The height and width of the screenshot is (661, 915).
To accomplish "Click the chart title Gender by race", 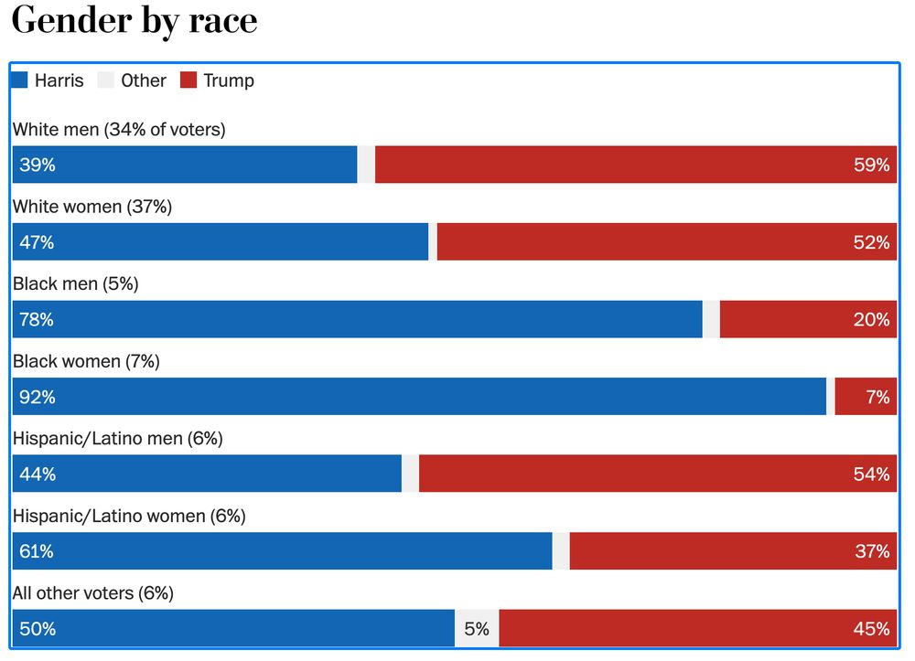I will [x=135, y=20].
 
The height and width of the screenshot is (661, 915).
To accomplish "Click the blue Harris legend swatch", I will [x=20, y=80].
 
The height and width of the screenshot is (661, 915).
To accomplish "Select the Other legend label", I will [x=144, y=80].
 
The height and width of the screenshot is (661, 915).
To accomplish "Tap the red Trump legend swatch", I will [x=188, y=80].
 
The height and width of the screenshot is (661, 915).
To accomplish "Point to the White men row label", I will [x=119, y=130].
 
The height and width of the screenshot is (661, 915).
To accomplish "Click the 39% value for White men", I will [x=38, y=165].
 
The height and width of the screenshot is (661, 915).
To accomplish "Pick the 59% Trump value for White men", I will [x=871, y=165].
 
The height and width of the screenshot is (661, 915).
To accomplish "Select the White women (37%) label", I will [x=92, y=207].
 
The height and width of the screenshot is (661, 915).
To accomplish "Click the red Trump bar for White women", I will [x=666, y=242].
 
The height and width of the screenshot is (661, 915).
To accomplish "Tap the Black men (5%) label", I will [x=76, y=284].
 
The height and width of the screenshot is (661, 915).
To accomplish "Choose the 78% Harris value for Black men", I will [x=38, y=320].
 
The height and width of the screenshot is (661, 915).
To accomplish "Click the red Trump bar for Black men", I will [x=808, y=320].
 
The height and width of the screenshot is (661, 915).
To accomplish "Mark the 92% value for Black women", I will [x=38, y=397].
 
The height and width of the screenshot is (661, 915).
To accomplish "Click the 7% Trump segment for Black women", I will [x=877, y=397].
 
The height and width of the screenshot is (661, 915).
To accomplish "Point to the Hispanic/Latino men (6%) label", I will [x=118, y=439].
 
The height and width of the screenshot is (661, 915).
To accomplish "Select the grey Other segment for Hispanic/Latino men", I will [x=411, y=474].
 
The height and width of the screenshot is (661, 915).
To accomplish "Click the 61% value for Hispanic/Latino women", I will [x=37, y=551].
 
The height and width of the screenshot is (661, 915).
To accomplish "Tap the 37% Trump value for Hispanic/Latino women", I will [x=871, y=551].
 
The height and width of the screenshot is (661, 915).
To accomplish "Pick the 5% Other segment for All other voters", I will [x=477, y=629].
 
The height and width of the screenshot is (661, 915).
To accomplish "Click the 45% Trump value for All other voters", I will [x=871, y=629].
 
